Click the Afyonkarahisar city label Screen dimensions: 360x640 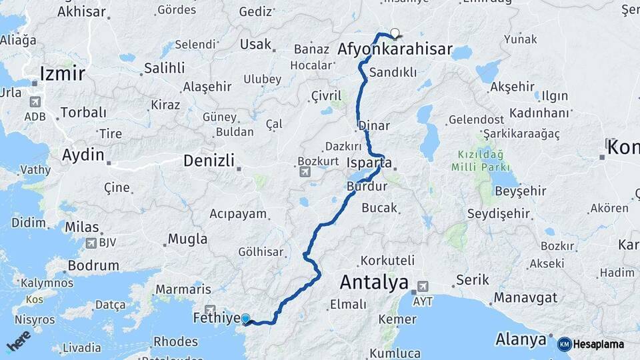tap(395, 49)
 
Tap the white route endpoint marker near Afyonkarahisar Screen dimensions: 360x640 tap(395, 33)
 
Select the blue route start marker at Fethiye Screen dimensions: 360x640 tap(245, 319)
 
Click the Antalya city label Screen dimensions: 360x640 tap(374, 282)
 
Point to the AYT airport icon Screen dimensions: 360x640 tap(421, 287)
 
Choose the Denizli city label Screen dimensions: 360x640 tap(209, 160)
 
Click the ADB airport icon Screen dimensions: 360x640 tap(34, 102)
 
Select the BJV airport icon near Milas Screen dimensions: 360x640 tap(91, 243)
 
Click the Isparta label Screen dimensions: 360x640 tap(369, 163)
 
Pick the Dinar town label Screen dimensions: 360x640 tap(373, 125)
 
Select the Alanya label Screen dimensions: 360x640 tap(521, 339)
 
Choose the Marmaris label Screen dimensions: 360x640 tap(183, 290)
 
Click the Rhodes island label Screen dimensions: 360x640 tap(175, 341)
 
